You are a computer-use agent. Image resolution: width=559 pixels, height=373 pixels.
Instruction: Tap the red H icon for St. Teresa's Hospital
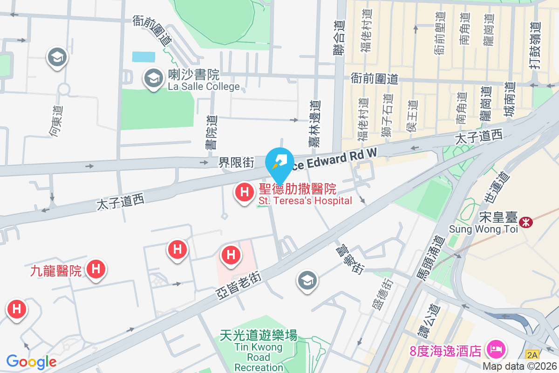coord(243,192)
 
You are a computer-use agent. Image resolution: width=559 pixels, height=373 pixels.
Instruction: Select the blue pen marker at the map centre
coord(279,164)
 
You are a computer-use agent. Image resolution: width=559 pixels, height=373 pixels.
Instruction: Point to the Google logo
coord(31,361)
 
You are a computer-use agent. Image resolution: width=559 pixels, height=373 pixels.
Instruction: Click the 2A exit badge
coord(532,355)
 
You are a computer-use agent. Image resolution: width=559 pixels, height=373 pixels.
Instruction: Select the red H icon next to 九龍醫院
coord(96,269)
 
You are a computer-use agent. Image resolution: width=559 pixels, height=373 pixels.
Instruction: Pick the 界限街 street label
coord(237,163)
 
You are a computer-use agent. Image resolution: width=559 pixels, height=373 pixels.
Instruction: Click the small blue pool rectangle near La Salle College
coord(143,57)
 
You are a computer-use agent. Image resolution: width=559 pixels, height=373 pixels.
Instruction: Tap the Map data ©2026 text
coord(520,366)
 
